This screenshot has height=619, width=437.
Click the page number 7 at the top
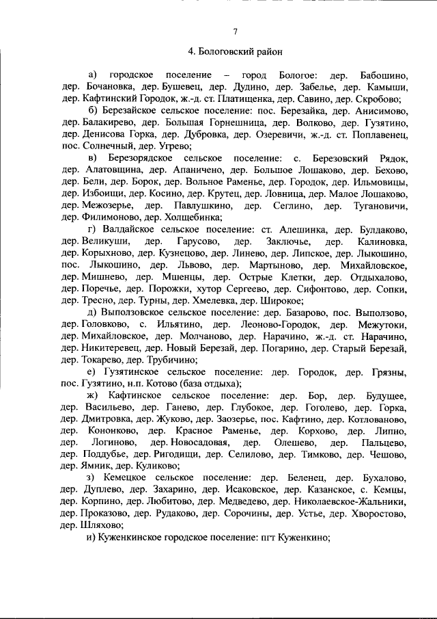[x=234, y=31]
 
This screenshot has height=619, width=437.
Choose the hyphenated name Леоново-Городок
[x=279, y=326]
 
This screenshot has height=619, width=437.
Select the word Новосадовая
[x=187, y=444]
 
